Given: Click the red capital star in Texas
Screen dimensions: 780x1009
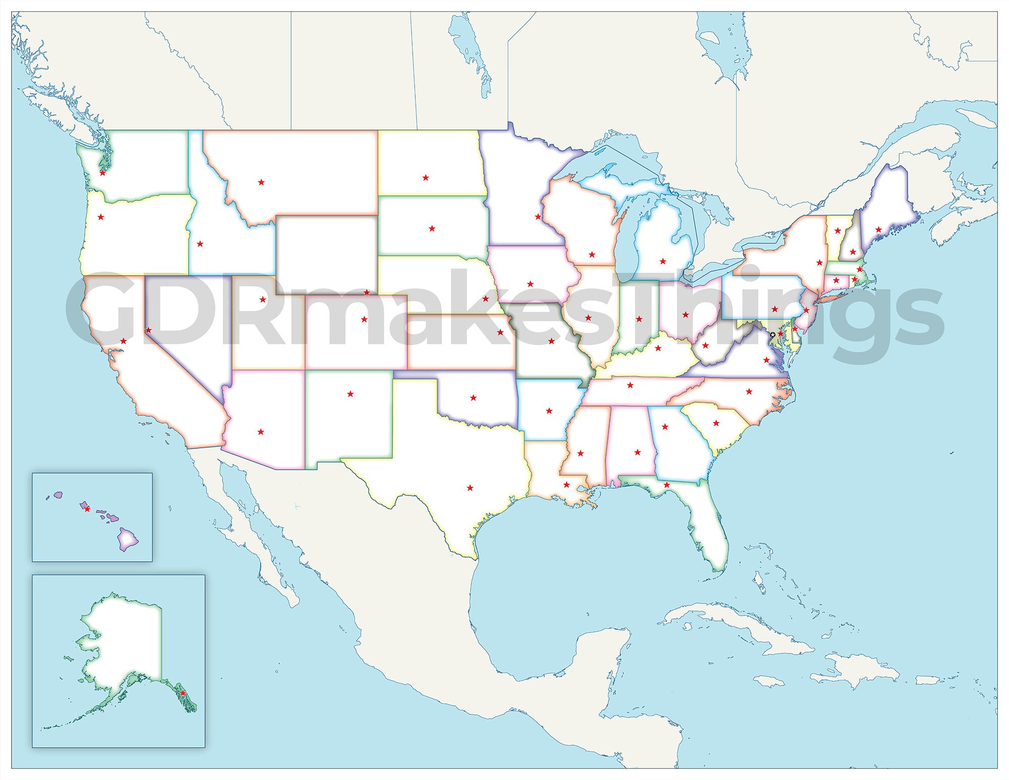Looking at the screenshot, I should tap(470, 488).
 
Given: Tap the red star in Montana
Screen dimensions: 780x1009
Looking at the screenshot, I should tap(261, 182).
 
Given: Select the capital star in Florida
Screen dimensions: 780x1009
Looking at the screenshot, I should tap(666, 485).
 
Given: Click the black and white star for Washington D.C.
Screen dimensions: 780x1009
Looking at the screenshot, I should tap(772, 335).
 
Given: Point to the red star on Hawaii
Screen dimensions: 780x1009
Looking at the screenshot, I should tap(87, 509).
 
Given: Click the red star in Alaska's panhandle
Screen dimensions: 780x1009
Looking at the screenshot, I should tap(183, 693).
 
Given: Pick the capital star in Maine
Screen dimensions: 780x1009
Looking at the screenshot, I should tap(878, 230).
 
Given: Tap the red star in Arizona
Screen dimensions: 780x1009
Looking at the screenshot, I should tap(260, 432).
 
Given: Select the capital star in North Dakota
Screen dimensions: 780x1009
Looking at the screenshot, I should tap(426, 178).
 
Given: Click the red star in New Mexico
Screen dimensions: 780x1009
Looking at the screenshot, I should tap(351, 394).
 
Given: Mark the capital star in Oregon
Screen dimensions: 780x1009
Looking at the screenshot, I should tap(101, 217).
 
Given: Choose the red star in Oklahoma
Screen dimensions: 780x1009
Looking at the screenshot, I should tap(473, 398).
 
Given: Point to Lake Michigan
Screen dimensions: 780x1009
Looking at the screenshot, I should tap(627, 237).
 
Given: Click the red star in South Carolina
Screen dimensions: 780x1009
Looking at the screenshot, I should tap(716, 423).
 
